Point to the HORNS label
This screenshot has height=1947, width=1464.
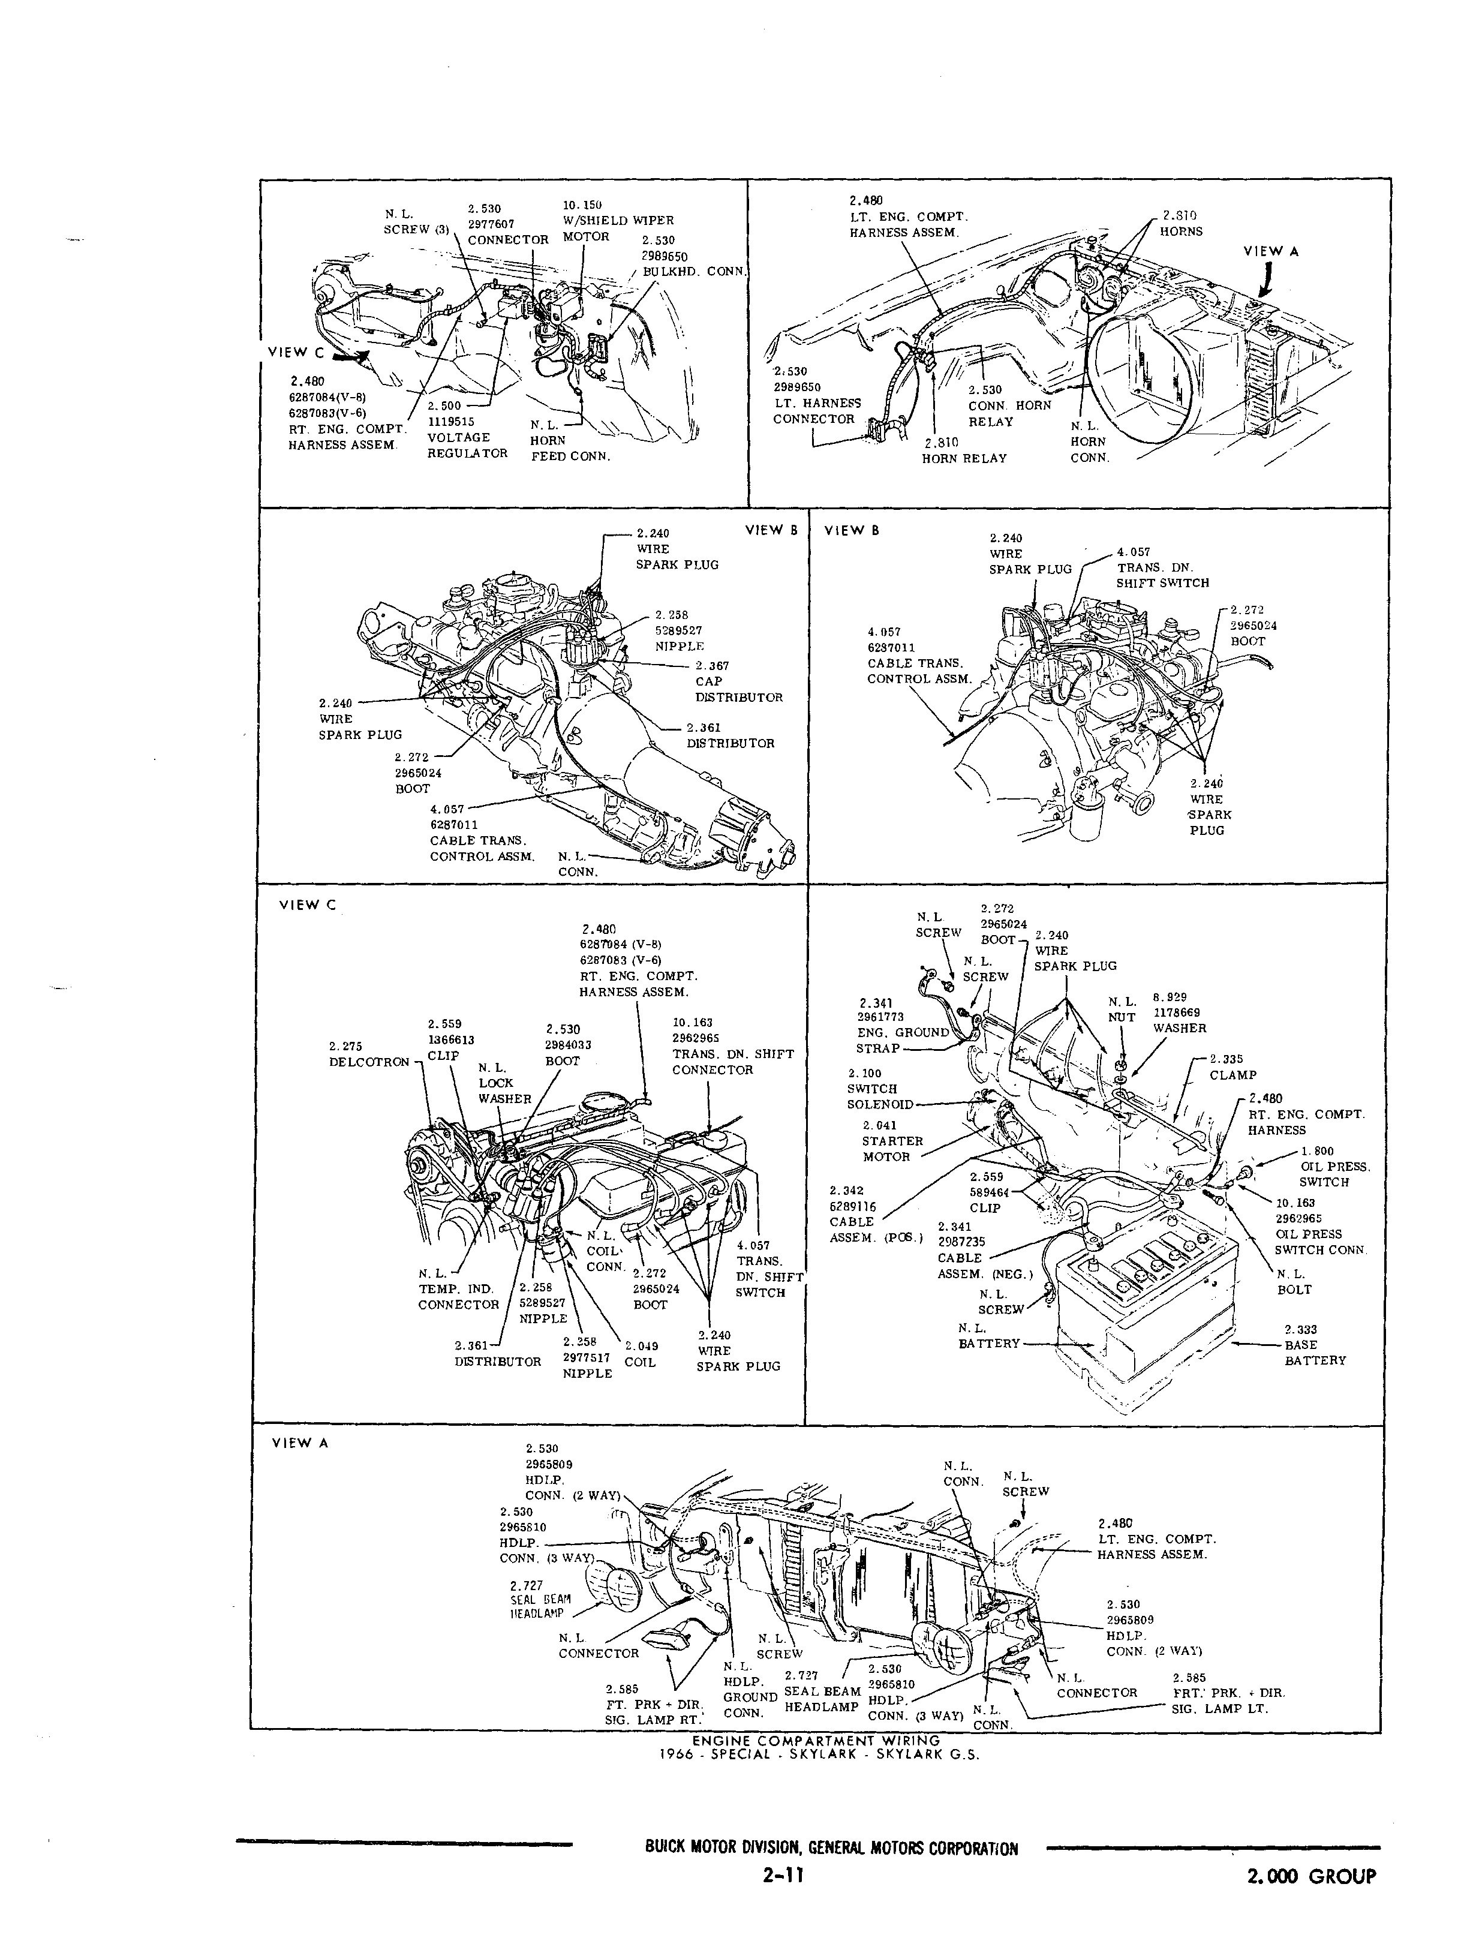click(x=1180, y=232)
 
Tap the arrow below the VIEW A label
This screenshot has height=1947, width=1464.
click(x=1265, y=282)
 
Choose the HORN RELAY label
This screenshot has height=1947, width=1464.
click(x=964, y=458)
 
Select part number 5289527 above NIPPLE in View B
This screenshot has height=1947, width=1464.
click(x=678, y=630)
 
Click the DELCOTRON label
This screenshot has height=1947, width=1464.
click(x=369, y=1062)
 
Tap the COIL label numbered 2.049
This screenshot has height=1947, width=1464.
click(x=640, y=1362)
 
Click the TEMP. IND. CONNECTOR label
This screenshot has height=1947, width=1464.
click(x=458, y=1297)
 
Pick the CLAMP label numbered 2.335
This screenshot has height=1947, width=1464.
click(x=1232, y=1075)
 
